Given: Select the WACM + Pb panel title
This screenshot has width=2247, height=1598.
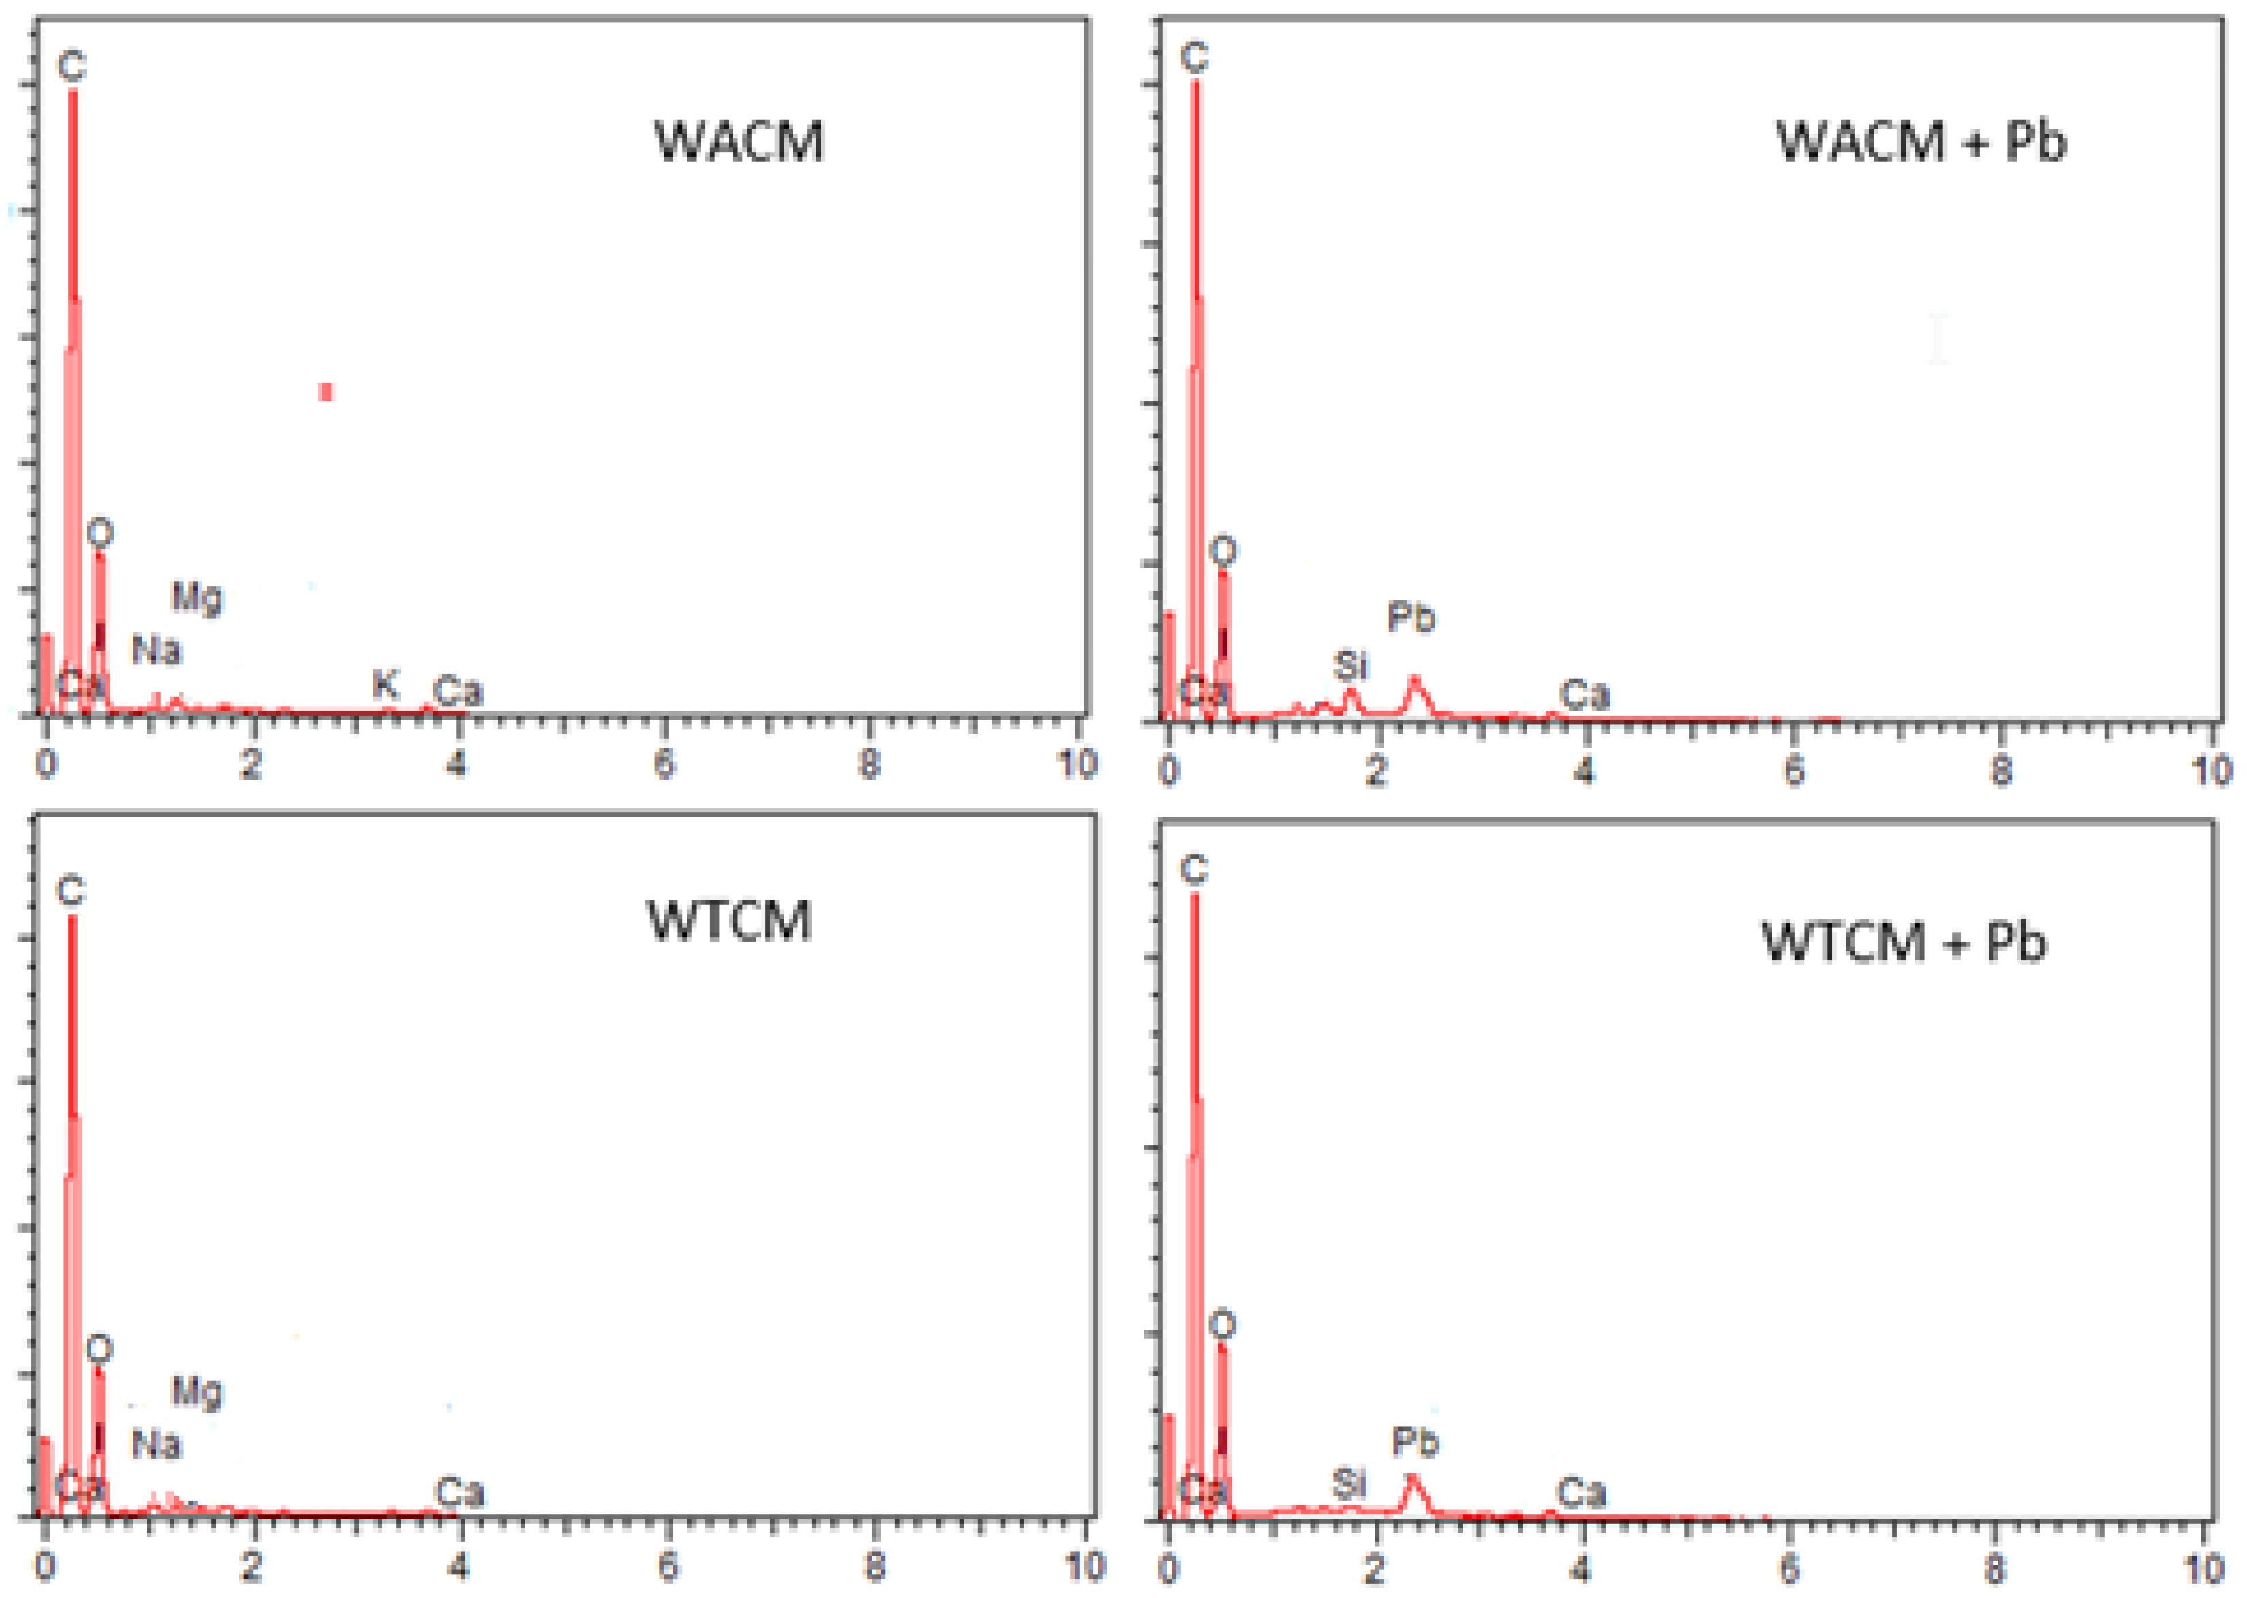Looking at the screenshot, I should [1921, 142].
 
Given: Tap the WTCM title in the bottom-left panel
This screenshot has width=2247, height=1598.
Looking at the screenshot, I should [729, 922].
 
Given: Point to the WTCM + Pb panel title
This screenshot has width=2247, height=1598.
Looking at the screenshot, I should [1904, 942].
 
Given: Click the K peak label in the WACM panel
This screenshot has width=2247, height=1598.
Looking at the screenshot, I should [385, 684].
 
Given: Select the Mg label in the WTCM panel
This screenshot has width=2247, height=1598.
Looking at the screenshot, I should [197, 1392].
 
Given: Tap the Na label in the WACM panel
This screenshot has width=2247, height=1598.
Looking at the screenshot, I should [157, 650].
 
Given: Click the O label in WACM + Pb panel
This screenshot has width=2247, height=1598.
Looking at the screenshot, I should [1223, 551].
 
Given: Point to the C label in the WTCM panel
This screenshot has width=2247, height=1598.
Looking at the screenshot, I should [70, 891].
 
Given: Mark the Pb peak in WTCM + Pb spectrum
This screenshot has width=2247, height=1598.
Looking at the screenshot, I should [1411, 1479].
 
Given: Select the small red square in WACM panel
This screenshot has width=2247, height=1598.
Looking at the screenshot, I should [326, 393].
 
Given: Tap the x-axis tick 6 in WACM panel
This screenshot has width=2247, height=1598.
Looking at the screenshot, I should [665, 765].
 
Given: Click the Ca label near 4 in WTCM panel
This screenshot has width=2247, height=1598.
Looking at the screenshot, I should [459, 1492].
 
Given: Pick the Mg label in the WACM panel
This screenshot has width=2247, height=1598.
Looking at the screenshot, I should [197, 597].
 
